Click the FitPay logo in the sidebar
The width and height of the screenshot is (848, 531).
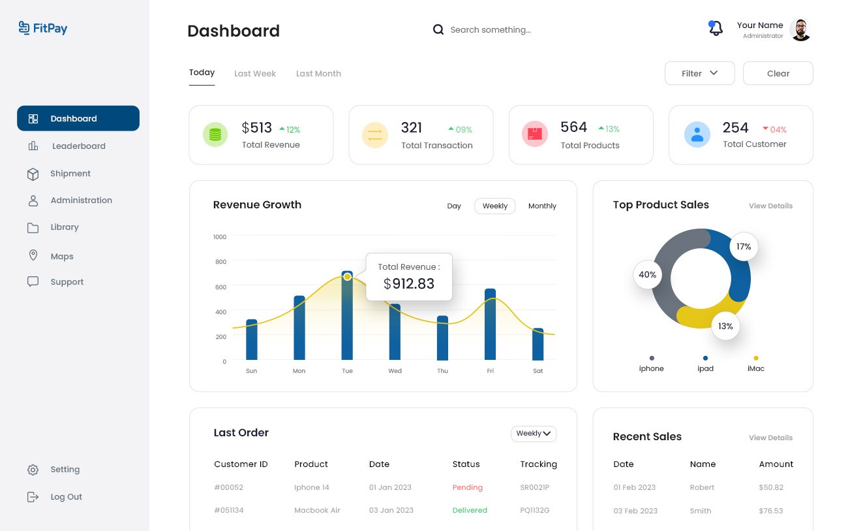[x=43, y=28]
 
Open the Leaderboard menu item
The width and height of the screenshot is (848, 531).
[x=78, y=146]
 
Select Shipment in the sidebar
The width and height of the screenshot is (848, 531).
[x=70, y=174]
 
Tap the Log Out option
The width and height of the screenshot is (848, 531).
[x=66, y=497]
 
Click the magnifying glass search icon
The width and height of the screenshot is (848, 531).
[x=438, y=29]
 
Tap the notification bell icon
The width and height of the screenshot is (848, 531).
[x=716, y=29]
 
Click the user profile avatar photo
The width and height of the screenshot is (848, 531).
[x=800, y=30]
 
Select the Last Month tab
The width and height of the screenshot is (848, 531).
[x=318, y=74]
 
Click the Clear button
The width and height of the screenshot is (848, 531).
[x=778, y=73]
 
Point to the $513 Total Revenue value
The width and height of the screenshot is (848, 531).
[x=256, y=128]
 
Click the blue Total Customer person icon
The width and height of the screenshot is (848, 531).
[x=697, y=135]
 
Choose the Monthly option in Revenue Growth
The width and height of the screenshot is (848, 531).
[x=542, y=206]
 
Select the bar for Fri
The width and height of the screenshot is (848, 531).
[x=490, y=324]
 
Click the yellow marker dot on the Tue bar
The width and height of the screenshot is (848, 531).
[x=347, y=277]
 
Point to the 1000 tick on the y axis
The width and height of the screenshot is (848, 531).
[x=220, y=237]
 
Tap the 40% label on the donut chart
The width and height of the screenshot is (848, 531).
[x=648, y=275]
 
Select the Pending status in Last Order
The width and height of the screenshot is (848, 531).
[x=467, y=488]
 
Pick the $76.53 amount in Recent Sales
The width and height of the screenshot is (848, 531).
[x=771, y=511]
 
